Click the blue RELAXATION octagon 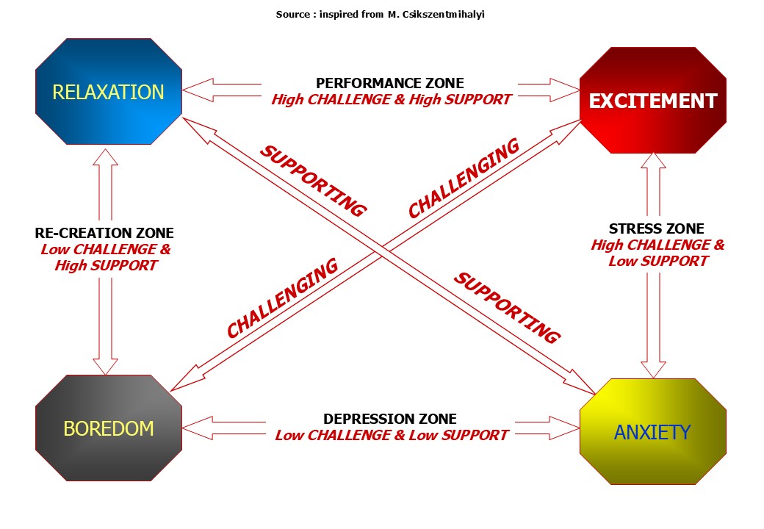109,92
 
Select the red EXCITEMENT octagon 652,101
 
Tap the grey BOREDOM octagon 109,428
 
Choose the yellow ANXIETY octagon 652,432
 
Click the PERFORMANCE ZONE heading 390,84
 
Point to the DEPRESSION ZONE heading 390,419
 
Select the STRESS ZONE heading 656,229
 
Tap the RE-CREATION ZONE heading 104,234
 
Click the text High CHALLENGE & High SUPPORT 391,99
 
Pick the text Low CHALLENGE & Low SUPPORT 391,435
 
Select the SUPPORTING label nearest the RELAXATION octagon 314,181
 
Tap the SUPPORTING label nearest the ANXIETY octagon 507,308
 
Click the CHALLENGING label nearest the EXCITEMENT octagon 464,179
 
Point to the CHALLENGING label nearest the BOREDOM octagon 282,298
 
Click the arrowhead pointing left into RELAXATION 195,91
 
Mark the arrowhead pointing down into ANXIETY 654,368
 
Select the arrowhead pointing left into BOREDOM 195,426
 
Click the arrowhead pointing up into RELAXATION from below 107,159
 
